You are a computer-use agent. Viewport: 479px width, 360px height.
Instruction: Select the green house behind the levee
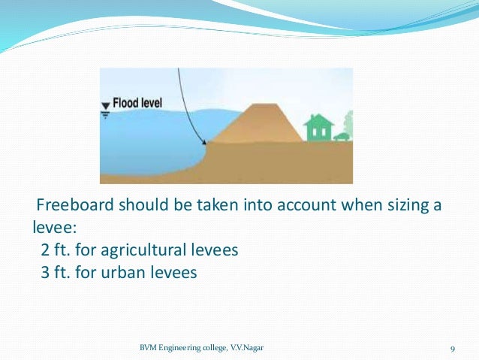pos(319,129)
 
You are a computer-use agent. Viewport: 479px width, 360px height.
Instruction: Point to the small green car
pos(342,137)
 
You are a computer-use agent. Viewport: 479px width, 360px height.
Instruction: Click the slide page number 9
pos(453,348)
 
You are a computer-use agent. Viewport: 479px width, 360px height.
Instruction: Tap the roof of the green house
pos(319,119)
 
